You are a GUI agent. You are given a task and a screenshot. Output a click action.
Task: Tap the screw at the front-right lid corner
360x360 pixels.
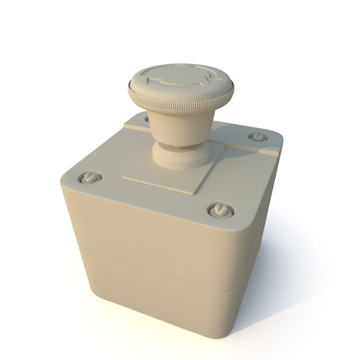pos(220,210)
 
